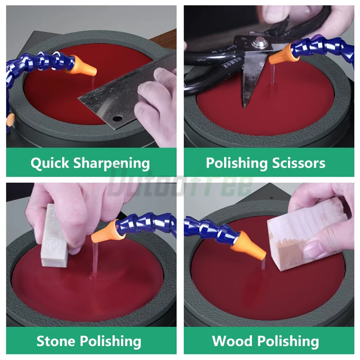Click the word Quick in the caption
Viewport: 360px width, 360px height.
click(49, 163)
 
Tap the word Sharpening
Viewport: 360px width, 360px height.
click(112, 164)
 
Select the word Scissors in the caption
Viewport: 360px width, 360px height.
click(299, 163)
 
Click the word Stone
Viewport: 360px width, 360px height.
click(56, 341)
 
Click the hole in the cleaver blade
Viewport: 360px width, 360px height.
click(117, 119)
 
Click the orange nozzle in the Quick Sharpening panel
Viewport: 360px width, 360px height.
click(83, 67)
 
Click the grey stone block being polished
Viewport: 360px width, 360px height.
click(54, 236)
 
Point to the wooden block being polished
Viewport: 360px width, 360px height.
click(306, 234)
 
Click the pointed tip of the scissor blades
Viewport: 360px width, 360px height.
click(245, 107)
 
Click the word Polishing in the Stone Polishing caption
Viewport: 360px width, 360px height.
click(110, 342)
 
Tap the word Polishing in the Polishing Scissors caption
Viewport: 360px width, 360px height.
click(237, 163)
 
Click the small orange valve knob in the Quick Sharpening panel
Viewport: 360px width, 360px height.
click(10, 119)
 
